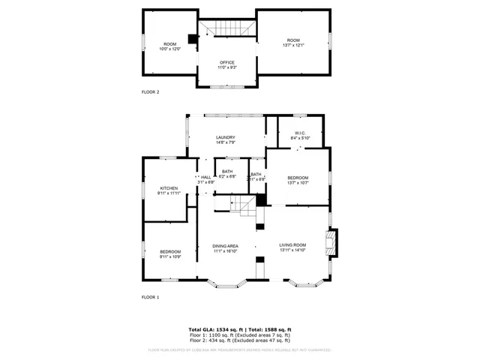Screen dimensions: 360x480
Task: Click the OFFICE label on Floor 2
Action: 226,62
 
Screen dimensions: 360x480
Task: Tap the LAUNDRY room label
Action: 226,137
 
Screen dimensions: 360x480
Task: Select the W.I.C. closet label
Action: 299,133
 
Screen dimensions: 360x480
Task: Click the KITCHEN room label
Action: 169,188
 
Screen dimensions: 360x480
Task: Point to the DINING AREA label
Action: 225,245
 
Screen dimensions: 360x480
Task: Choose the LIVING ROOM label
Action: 293,245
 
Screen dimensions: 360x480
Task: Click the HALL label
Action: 205,177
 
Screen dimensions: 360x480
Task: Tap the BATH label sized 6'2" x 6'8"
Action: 227,173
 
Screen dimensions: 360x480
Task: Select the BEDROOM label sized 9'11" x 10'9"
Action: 169,251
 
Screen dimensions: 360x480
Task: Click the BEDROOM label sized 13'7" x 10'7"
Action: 298,177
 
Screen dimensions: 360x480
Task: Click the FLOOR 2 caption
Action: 151,91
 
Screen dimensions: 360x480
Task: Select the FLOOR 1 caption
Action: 151,297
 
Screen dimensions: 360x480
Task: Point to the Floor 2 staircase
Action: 227,28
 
